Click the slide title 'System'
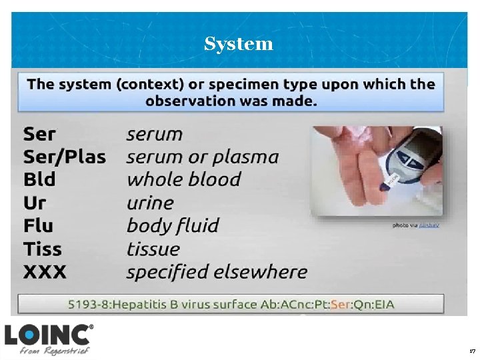[239, 44]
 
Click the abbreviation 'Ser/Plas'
[65, 157]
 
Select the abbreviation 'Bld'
[39, 180]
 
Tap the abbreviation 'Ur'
[34, 203]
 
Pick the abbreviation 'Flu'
[38, 226]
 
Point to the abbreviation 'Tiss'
[42, 249]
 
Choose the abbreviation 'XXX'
[45, 272]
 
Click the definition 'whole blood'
[183, 180]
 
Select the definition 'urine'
[150, 203]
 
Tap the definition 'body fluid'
[173, 226]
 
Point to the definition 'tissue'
[153, 249]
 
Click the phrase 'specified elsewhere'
[217, 272]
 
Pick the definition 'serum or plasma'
[203, 157]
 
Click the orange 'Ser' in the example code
[341, 305]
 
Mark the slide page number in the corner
[472, 351]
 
